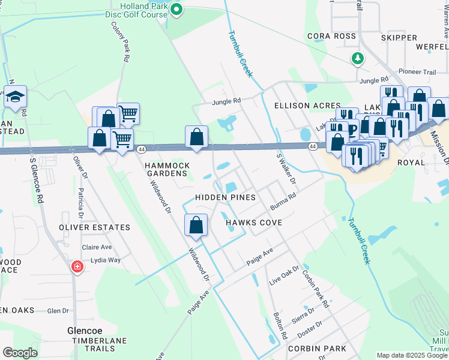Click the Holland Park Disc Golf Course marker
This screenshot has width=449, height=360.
[x=176, y=9]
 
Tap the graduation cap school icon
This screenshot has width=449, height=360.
[x=15, y=96]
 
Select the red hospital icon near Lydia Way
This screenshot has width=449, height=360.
[x=77, y=266]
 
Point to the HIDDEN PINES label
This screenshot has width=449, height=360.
[x=226, y=197]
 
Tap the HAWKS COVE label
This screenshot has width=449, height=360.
[x=254, y=223]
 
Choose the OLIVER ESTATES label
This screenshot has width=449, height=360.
[x=94, y=227]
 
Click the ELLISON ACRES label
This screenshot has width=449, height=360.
[x=307, y=106]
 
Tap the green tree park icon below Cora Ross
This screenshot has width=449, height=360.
[x=357, y=58]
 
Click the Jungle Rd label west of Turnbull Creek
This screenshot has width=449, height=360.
[x=226, y=102]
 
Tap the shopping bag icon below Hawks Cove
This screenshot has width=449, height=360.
[x=196, y=226]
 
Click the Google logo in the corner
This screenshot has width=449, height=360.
[x=20, y=353]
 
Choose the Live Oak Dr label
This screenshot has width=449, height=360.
[x=283, y=277]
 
